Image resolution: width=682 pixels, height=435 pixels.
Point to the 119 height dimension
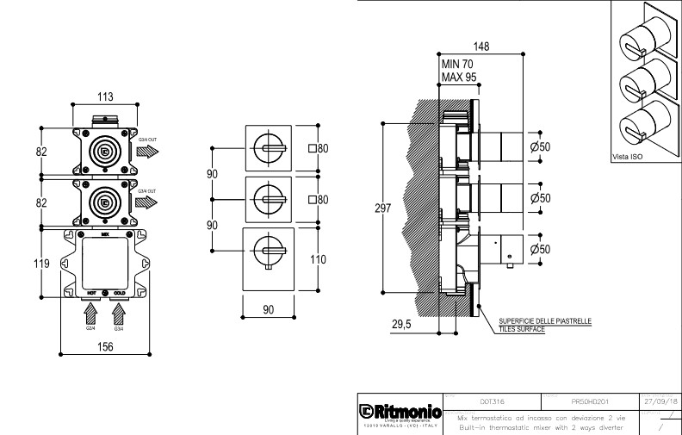[x=28, y=264]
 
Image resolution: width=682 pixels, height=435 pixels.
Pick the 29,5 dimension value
[x=401, y=324]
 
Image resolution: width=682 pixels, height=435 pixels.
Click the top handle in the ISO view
[x=634, y=38]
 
